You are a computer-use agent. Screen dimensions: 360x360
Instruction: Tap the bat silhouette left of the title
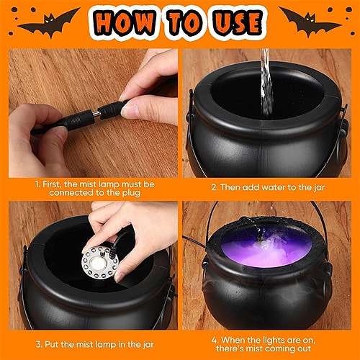click(48, 22)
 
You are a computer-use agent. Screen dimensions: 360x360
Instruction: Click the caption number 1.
click(37, 184)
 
